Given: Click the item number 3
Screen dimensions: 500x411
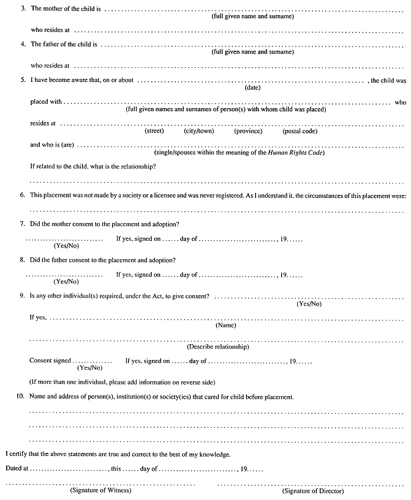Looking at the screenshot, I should [23, 10].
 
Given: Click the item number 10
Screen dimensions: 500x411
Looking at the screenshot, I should [20, 397].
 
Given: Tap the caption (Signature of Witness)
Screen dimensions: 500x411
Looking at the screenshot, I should [100, 491].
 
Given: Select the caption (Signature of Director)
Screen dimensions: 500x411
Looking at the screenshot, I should [313, 491].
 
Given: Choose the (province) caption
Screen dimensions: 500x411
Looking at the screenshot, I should [248, 131].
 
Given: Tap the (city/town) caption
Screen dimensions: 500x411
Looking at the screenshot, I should [197, 131].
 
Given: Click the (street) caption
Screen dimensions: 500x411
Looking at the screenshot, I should [154, 131].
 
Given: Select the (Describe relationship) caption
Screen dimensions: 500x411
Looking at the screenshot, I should [218, 347].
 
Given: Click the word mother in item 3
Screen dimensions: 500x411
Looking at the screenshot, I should [53, 10].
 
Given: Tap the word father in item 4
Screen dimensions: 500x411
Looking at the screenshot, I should [52, 45].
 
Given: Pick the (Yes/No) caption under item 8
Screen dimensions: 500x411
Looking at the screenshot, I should [66, 281].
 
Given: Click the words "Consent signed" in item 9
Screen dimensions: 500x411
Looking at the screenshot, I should [50, 361].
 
